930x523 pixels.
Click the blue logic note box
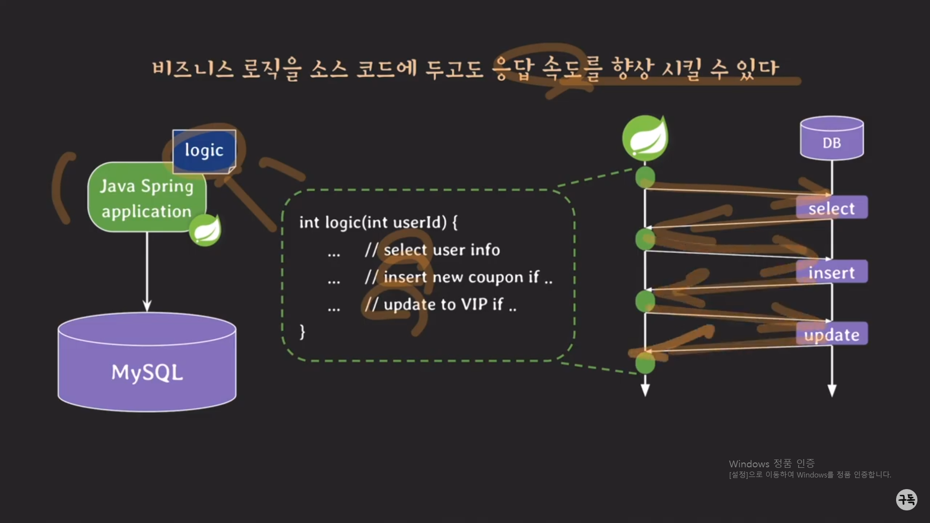[x=204, y=151]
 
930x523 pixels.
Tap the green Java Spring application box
[x=146, y=198]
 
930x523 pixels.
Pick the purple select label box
[x=832, y=208]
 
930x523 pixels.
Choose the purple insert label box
[x=832, y=272]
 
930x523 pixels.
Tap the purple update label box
[x=832, y=334]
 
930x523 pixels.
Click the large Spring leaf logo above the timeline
[x=645, y=138]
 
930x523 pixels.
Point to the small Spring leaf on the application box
[x=205, y=231]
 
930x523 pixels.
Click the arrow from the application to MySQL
[x=147, y=271]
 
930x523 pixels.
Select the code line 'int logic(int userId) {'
[x=378, y=222]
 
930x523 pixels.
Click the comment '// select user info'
[x=432, y=250]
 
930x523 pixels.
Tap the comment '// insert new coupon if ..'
[x=458, y=277]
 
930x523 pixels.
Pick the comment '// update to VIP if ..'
[x=440, y=305]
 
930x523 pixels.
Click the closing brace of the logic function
[x=302, y=332]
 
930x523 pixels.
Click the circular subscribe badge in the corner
[x=906, y=499]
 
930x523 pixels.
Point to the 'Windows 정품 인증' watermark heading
[x=772, y=463]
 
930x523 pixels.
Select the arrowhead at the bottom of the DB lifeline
[x=832, y=390]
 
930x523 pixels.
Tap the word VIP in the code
[x=474, y=305]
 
